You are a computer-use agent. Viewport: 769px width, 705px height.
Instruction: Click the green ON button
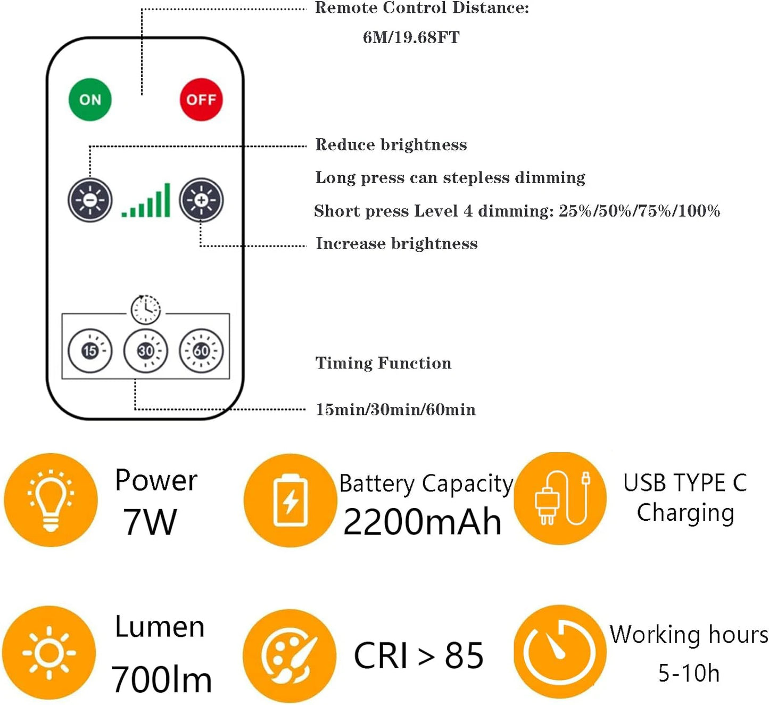(90, 100)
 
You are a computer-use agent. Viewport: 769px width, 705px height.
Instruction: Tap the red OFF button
(201, 100)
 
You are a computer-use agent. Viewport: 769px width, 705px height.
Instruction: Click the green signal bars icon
(146, 202)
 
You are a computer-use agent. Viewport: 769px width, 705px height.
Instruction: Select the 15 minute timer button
(90, 350)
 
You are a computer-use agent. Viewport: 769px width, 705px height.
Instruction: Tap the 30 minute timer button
(146, 350)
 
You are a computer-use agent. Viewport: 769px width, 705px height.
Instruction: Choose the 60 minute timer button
(201, 350)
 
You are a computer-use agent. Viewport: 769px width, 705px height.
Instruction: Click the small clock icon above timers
(146, 309)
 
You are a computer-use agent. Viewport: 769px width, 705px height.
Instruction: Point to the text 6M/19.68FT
(411, 37)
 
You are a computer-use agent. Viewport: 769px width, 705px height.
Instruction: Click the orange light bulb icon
(51, 499)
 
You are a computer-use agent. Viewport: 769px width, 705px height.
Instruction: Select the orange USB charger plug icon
(560, 498)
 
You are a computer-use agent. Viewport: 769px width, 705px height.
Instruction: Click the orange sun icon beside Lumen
(49, 652)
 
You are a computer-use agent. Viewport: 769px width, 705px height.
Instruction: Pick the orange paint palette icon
(290, 655)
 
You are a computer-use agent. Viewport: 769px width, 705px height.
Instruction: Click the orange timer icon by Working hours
(559, 652)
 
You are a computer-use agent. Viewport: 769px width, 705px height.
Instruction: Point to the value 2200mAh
(422, 522)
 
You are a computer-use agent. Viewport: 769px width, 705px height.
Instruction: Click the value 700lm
(161, 679)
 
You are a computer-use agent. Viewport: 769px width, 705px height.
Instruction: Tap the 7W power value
(150, 522)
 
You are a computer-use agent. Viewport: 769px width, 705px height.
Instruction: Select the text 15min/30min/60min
(395, 409)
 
